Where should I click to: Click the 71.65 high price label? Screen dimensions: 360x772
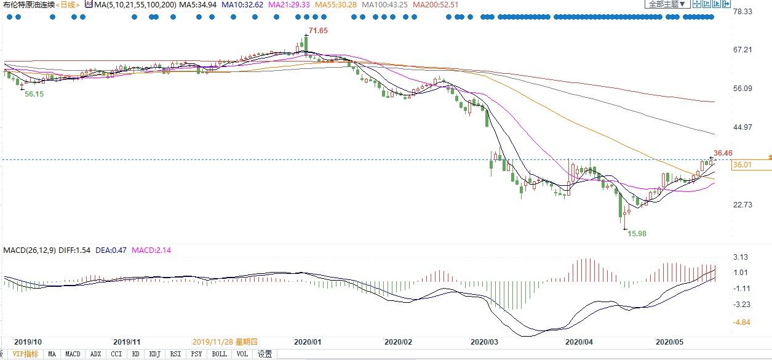pos(318,31)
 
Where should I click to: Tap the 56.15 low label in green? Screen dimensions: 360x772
pos(34,95)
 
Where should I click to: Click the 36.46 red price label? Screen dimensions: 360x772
pos(723,153)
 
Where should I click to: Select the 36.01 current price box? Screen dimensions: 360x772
pos(743,165)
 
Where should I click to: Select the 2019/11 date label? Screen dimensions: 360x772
pos(127,342)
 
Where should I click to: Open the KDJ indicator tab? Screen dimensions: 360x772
pos(154,354)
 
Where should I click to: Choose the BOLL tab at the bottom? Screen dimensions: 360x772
pos(218,354)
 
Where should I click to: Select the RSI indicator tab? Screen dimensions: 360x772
pos(176,354)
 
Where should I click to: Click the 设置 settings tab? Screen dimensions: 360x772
pos(265,354)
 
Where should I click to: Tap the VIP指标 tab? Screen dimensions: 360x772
pos(25,354)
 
